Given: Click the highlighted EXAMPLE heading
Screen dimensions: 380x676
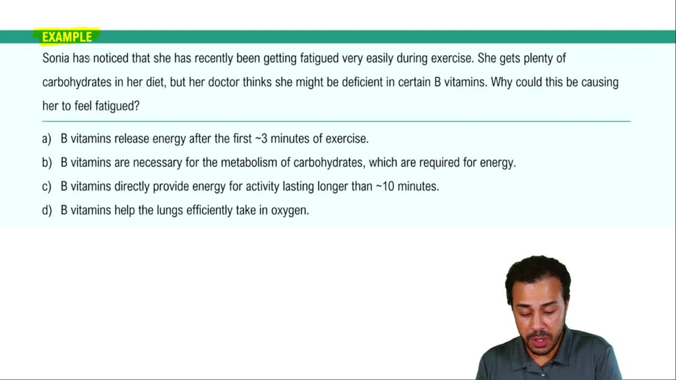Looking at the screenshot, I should coord(66,37).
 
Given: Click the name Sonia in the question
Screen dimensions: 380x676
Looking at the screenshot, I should coord(55,58).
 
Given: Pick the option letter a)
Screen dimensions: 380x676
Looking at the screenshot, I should coord(47,139).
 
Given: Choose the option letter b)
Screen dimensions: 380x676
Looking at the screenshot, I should coord(47,163).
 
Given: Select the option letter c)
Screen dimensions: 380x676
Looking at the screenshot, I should coord(47,187).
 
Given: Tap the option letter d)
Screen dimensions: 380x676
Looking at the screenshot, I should coord(47,210).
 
